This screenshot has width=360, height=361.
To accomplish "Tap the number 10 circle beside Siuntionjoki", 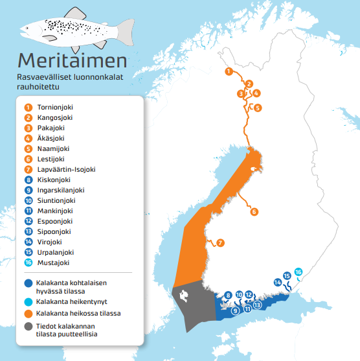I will (x=28, y=201).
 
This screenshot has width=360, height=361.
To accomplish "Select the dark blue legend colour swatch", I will (x=28, y=283).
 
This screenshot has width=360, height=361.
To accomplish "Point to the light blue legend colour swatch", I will (x=28, y=302).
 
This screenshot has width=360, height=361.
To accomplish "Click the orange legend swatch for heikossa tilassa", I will (x=28, y=313).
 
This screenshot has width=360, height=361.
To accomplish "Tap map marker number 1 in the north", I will (x=228, y=71).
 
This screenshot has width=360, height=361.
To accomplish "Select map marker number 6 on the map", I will (x=254, y=212).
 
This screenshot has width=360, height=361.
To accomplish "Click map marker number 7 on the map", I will (x=220, y=243).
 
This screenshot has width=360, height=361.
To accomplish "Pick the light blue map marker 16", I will (x=298, y=272).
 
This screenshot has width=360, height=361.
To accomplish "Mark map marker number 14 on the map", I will (x=277, y=282).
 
